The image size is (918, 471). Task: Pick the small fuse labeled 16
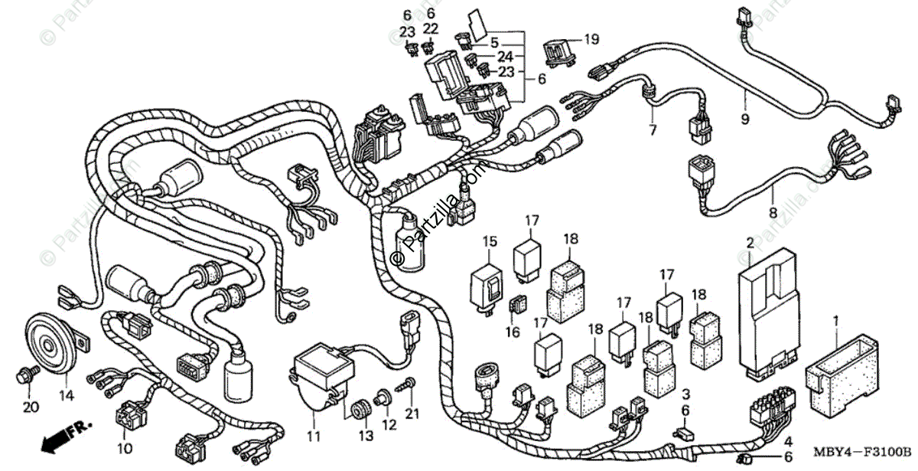[x=516, y=306]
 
